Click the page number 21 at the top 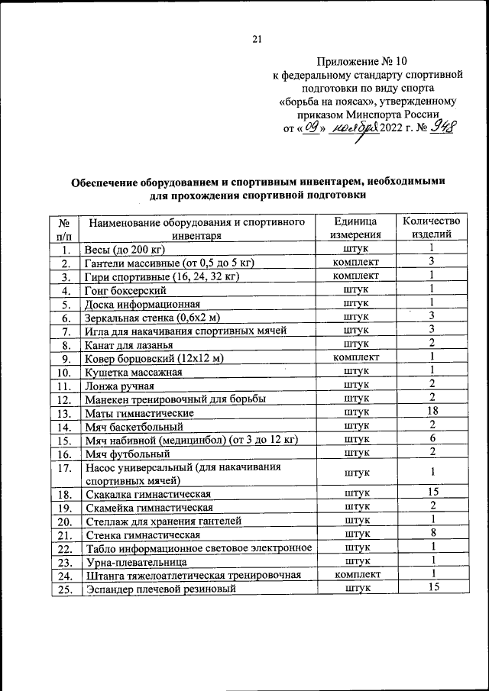point(257,40)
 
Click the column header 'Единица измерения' point(356,228)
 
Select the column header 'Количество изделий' point(432,228)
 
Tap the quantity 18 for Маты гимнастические point(432,412)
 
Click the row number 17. point(65,467)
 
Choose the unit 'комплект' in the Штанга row point(356,574)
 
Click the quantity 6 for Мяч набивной point(432,439)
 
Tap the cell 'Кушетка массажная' point(133,372)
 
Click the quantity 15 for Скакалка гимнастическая point(432,492)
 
